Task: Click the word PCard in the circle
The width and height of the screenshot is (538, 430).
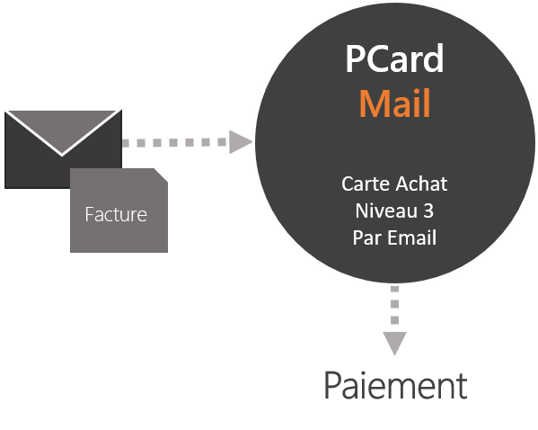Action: [x=394, y=58]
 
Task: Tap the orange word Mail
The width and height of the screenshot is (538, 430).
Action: [x=394, y=103]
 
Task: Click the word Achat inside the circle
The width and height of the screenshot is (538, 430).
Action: [x=421, y=184]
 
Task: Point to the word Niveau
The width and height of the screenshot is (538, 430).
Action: [x=385, y=211]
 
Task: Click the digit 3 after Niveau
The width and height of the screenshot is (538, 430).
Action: [x=428, y=211]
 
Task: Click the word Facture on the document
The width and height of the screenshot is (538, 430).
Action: [x=116, y=214]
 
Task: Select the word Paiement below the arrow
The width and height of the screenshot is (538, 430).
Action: [x=395, y=385]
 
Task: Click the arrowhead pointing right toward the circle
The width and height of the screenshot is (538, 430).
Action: [x=241, y=142]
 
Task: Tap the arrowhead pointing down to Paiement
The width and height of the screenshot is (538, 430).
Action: [x=394, y=344]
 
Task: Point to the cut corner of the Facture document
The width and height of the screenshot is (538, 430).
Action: [x=161, y=175]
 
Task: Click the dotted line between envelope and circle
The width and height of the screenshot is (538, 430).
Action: [x=174, y=143]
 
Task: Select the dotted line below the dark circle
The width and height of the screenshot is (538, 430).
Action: [x=394, y=305]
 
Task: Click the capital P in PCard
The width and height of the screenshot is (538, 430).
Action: [x=355, y=58]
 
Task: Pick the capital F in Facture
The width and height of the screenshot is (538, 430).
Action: [x=89, y=214]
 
